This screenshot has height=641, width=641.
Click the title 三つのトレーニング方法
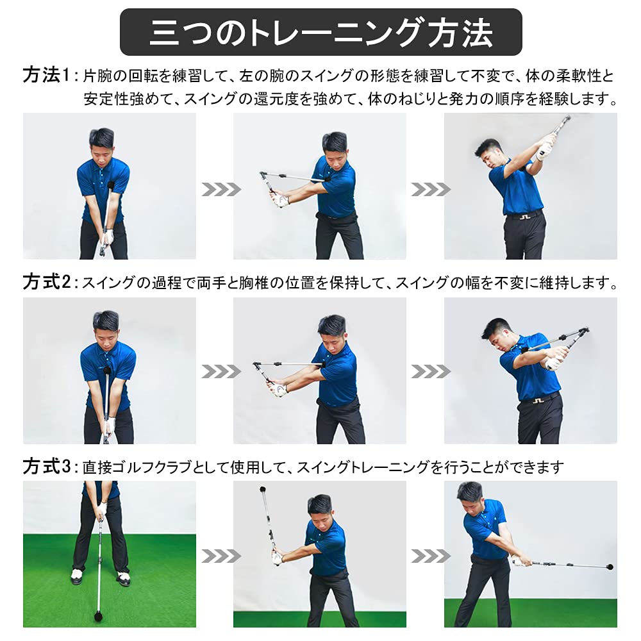[320, 32]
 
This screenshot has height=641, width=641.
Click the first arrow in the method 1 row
[221, 189]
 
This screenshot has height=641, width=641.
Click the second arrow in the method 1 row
[431, 189]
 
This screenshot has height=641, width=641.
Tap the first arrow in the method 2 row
[221, 371]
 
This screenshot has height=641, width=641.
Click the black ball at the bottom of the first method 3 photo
[100, 616]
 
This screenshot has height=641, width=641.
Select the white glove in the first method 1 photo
[108, 237]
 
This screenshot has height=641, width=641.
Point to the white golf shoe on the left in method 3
[78, 576]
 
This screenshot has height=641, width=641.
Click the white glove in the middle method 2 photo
[280, 389]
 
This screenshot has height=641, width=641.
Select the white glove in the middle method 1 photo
[280, 201]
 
